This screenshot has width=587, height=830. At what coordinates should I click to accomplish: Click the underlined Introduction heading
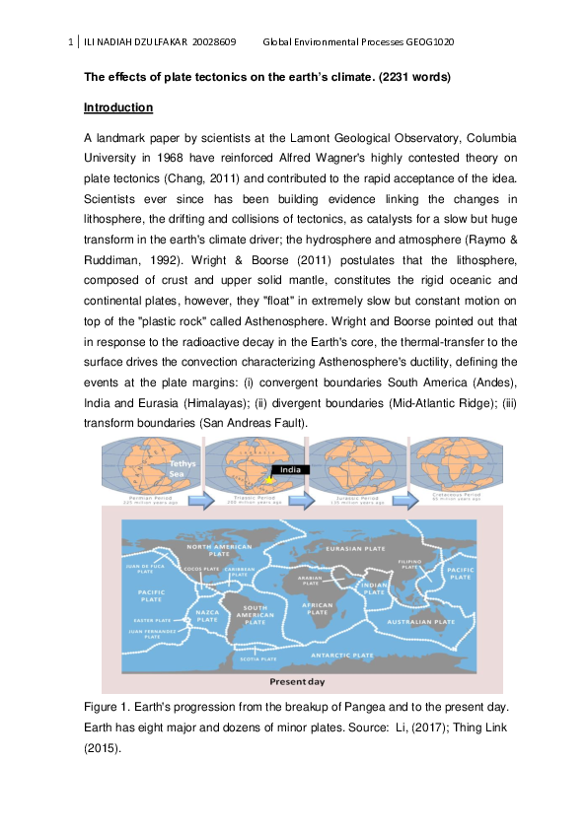[118, 106]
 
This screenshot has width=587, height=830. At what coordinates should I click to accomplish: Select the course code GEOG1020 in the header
[425, 42]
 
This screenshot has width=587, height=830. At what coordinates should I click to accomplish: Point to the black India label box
[290, 469]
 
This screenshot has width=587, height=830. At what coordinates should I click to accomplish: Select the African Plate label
[317, 608]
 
